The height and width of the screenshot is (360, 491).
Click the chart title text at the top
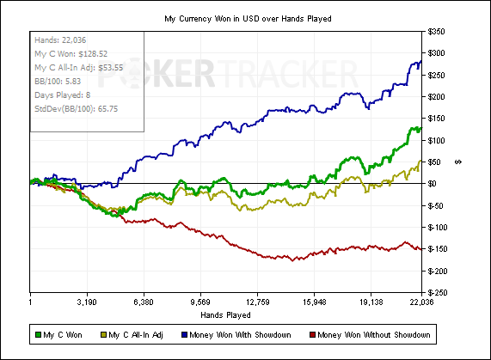click(x=248, y=19)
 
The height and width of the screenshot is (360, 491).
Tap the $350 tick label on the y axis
click(x=436, y=32)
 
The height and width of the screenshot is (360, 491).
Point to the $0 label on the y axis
click(x=432, y=184)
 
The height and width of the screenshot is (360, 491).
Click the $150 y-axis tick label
click(x=436, y=119)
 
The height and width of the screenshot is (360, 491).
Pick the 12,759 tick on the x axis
click(x=257, y=302)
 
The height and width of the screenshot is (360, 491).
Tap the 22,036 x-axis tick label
click(x=422, y=302)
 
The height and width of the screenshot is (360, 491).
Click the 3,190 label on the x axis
click(x=87, y=302)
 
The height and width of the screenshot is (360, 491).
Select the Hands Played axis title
click(x=225, y=315)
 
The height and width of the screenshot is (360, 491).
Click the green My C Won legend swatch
click(x=38, y=335)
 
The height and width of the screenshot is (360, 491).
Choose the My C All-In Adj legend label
click(x=136, y=335)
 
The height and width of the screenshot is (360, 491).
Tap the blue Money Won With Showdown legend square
click(x=184, y=335)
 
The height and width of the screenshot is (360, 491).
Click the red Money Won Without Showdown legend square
click(x=312, y=335)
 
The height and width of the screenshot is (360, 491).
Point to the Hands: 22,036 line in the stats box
click(x=60, y=40)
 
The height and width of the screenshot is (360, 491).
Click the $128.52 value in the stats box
click(x=93, y=54)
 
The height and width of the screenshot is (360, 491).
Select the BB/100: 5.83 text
click(x=58, y=82)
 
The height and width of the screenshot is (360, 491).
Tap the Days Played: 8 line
click(x=62, y=95)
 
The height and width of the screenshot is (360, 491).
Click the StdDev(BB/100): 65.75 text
click(x=76, y=109)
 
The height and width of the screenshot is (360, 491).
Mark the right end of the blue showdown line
click(x=421, y=61)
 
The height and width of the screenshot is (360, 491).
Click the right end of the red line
click(x=421, y=249)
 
